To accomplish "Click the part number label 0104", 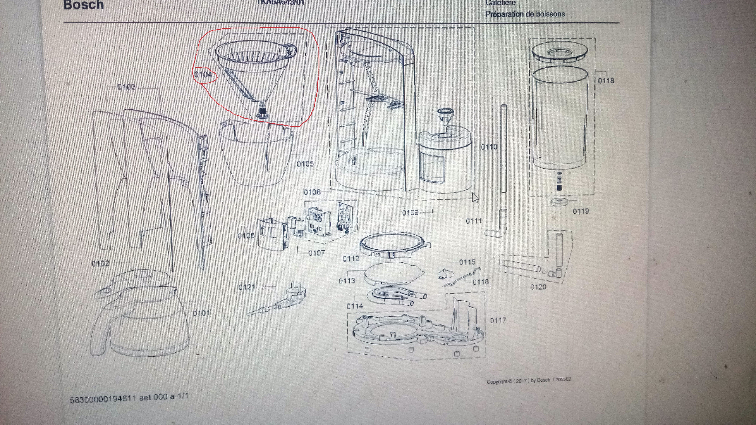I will coord(203,75).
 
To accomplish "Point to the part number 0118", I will coord(606,81).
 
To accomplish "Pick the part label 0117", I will coord(498,320).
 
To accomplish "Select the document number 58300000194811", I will coord(103,399).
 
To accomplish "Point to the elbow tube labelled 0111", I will coord(497,226).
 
